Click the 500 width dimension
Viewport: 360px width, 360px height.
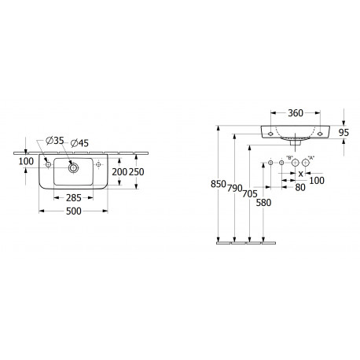point(74,211)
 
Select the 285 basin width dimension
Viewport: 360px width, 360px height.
point(74,198)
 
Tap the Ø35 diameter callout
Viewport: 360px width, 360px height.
point(55,141)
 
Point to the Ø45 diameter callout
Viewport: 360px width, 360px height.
point(79,143)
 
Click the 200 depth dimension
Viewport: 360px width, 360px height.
point(119,172)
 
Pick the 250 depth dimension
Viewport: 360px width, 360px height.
point(137,172)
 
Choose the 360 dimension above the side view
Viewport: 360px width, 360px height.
point(296,113)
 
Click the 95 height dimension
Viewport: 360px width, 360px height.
point(343,133)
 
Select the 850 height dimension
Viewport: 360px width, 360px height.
point(219,184)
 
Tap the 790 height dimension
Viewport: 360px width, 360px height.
point(234,188)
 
